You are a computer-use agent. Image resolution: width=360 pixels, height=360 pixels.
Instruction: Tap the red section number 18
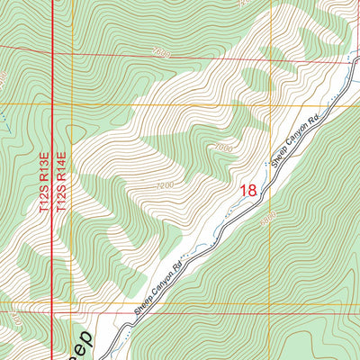coord(248,191)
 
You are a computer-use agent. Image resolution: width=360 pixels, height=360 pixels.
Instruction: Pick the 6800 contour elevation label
coord(267,219)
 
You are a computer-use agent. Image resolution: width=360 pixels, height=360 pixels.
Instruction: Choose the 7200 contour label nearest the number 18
coord(163,184)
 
